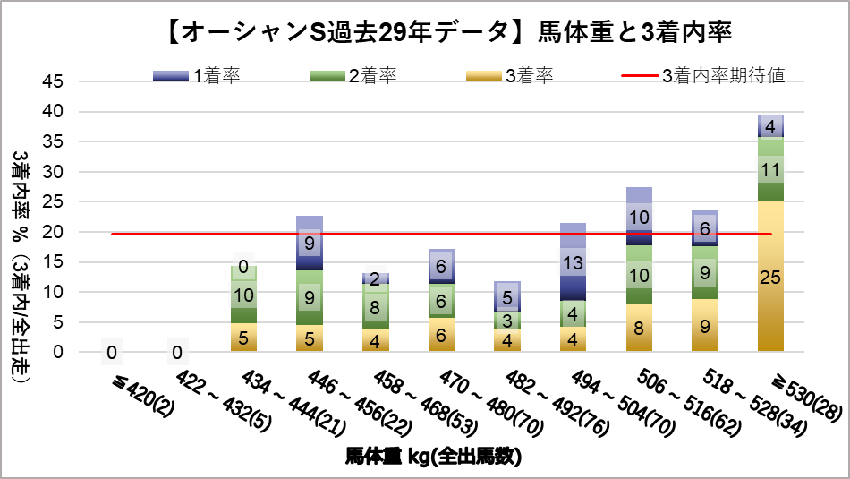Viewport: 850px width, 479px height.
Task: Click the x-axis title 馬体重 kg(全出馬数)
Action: (433, 457)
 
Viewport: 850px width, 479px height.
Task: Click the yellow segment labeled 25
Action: (769, 276)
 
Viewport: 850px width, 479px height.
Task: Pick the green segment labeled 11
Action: (769, 169)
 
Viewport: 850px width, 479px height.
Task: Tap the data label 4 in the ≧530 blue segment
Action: (769, 127)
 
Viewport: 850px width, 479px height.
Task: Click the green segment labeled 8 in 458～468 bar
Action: (375, 306)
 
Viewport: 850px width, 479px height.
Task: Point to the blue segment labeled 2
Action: (375, 278)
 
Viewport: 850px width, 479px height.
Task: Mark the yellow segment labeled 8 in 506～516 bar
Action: (638, 327)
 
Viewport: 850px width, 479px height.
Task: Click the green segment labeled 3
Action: (506, 320)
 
